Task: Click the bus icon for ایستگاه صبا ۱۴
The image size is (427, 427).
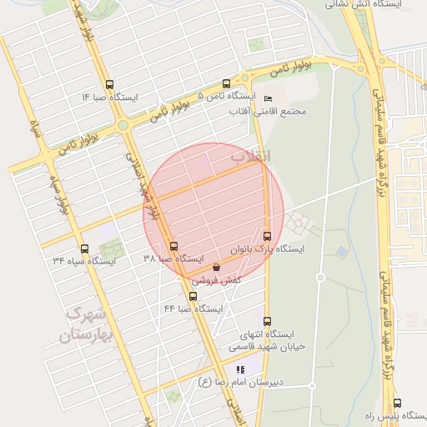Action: [x=109, y=83]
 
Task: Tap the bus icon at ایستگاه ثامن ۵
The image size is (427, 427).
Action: [x=226, y=83]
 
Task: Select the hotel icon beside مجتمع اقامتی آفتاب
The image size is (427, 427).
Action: [x=267, y=98]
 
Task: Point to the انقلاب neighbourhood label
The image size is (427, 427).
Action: [x=249, y=156]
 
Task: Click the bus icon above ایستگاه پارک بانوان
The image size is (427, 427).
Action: [x=267, y=236]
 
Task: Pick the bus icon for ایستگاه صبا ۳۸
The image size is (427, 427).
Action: [x=173, y=246]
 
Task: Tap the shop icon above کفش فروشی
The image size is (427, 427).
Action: [x=217, y=268]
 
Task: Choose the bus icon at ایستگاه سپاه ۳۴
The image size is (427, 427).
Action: [x=83, y=249]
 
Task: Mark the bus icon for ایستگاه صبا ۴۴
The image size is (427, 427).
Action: [x=193, y=296]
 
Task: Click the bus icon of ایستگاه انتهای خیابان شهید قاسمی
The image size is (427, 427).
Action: [x=267, y=321]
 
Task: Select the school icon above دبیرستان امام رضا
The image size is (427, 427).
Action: [x=240, y=369]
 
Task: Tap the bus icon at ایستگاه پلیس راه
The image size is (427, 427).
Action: [x=396, y=402]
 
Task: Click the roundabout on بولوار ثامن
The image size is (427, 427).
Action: [x=123, y=125]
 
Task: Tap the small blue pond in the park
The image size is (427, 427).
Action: [x=342, y=250]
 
